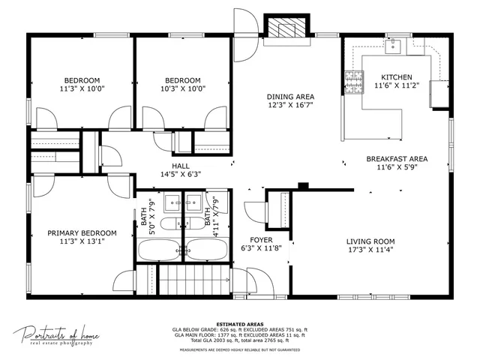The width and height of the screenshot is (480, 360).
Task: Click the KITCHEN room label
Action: pos(396,77)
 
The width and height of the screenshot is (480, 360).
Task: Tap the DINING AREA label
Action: pos(290,97)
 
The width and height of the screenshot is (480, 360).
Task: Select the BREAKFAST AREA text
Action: pos(397,159)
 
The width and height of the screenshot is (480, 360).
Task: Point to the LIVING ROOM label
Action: pos(370,241)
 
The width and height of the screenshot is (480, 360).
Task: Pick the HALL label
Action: pos(180,166)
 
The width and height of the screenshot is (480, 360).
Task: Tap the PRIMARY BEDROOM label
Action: pos(82,232)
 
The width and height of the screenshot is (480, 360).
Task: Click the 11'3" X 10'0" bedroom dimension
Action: pos(82,88)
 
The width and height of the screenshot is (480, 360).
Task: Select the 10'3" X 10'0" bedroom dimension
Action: pos(183,88)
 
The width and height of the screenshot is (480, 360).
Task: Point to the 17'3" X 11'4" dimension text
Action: pos(370,250)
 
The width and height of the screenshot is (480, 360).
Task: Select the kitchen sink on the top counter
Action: pos(394,46)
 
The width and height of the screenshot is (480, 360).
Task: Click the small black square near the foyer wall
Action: pos(302,186)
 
